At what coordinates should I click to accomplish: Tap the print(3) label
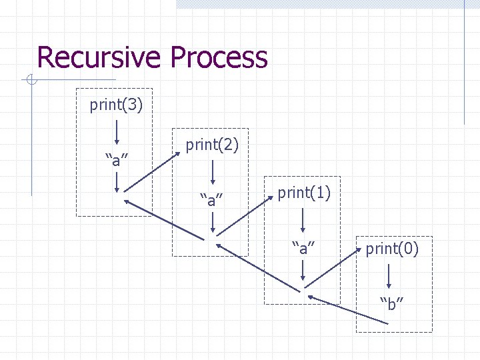click(x=115, y=106)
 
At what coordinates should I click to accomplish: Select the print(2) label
click(x=212, y=145)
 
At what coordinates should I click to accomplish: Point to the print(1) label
click(x=304, y=193)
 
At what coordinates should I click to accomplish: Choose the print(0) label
click(x=392, y=250)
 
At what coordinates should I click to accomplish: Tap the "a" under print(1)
click(x=303, y=249)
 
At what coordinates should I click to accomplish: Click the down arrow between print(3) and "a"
click(x=117, y=132)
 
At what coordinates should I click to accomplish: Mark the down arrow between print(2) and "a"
click(x=213, y=171)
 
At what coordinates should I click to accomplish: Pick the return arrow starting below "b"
click(x=347, y=310)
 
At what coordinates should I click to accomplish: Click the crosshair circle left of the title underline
click(x=30, y=81)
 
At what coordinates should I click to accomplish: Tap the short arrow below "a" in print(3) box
click(x=117, y=181)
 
